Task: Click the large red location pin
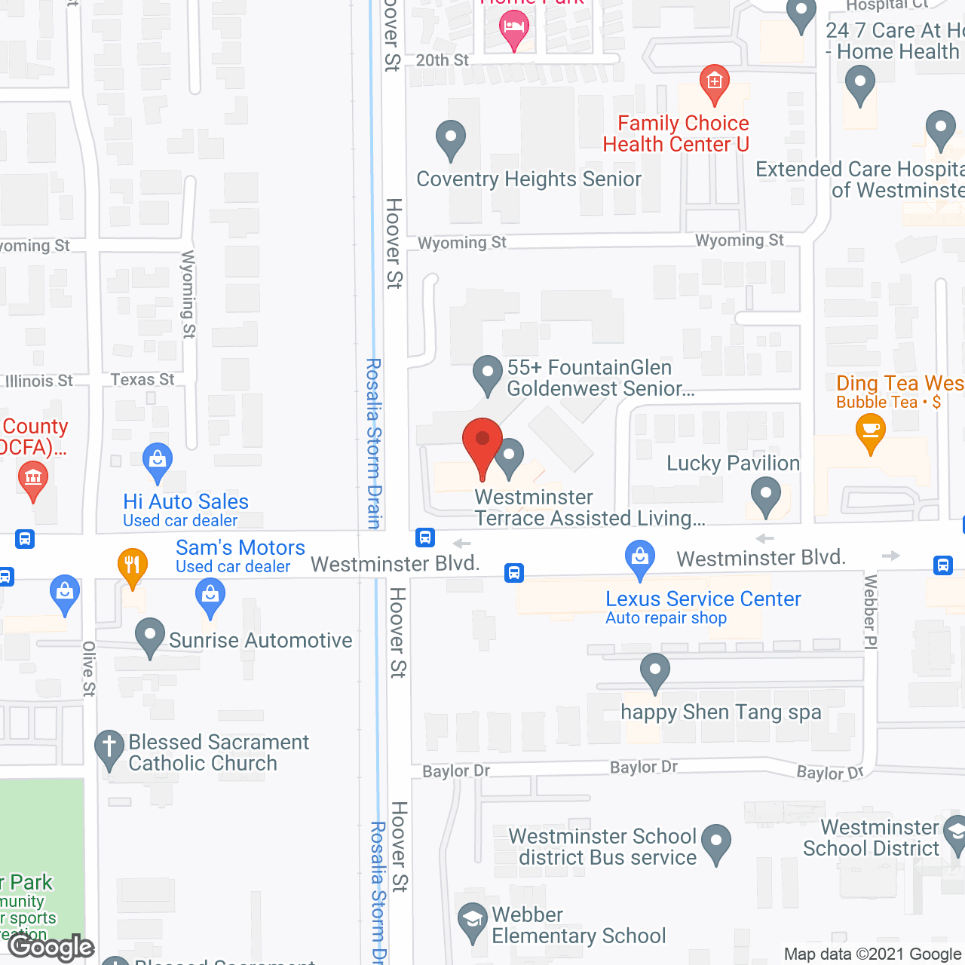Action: click(x=482, y=445)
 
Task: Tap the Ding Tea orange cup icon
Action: click(x=871, y=433)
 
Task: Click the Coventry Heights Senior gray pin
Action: click(x=451, y=139)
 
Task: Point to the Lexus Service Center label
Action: click(x=703, y=599)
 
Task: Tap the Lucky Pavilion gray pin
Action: click(x=766, y=497)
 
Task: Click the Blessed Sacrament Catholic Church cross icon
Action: click(x=109, y=748)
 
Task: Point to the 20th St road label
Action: click(x=443, y=60)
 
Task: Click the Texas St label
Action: click(x=142, y=380)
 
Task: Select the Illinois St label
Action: click(x=39, y=381)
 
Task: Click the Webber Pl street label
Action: click(x=871, y=611)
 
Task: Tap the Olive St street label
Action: click(x=89, y=669)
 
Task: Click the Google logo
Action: click(x=51, y=947)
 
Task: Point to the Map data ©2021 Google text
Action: click(x=873, y=954)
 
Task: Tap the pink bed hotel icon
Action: click(x=513, y=29)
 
